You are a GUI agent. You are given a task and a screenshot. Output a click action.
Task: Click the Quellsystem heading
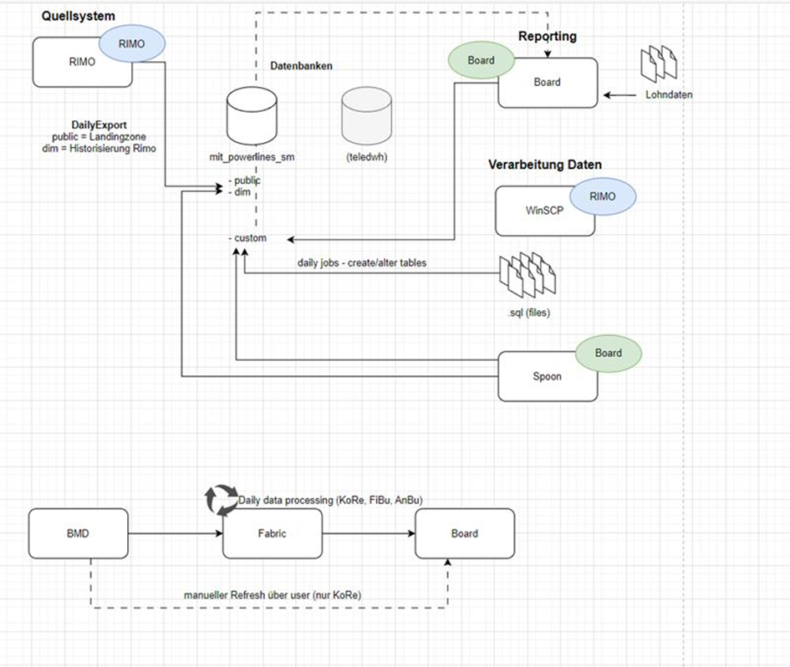click(78, 16)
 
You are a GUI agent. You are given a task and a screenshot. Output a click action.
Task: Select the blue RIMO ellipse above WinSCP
click(603, 196)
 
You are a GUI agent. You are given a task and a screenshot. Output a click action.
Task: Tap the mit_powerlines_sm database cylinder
click(252, 116)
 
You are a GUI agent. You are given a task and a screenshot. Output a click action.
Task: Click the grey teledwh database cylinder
click(366, 116)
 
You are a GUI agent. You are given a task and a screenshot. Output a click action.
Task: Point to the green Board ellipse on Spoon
click(608, 354)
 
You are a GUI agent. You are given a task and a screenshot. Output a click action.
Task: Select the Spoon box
click(548, 376)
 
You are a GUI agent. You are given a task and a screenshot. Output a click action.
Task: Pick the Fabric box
click(272, 533)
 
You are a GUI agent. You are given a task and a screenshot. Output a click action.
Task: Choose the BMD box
click(78, 533)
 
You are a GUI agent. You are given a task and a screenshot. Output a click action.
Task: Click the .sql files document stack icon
click(527, 275)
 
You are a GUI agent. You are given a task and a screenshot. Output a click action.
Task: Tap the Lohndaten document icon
click(659, 64)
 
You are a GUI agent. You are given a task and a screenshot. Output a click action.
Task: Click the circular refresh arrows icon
click(222, 500)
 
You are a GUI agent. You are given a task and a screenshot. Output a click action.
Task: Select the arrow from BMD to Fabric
click(176, 533)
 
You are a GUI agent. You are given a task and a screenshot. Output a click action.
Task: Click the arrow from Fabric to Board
click(369, 533)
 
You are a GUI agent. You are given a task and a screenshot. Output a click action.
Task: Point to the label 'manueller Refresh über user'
click(247, 595)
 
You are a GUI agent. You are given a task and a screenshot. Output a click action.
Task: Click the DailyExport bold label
click(99, 125)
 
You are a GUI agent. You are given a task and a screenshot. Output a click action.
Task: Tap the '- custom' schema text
click(247, 237)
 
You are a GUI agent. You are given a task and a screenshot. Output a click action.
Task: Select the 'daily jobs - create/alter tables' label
click(362, 262)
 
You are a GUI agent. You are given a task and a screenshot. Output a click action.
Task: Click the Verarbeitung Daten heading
click(544, 165)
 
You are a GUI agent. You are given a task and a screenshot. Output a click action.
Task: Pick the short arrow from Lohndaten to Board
click(619, 94)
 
